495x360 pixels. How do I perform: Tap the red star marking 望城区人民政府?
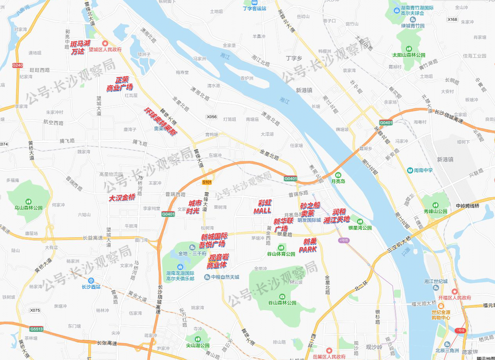[x=105, y=43]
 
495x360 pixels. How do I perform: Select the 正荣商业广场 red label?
[x=120, y=84]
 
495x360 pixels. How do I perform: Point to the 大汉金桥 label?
[x=122, y=198]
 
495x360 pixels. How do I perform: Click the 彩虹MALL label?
[x=262, y=207]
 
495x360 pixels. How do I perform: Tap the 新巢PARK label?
[x=308, y=245]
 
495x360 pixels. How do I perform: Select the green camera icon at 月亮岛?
[x=337, y=175]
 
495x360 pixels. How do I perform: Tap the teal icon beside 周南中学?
[x=409, y=170]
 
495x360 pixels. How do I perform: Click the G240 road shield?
[x=18, y=65]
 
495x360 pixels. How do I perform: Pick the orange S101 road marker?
[x=207, y=183]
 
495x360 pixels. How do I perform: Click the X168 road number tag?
[x=452, y=20]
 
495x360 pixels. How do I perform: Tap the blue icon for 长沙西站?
[x=91, y=280]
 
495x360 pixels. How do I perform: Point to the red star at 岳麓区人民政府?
[x=329, y=351]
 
